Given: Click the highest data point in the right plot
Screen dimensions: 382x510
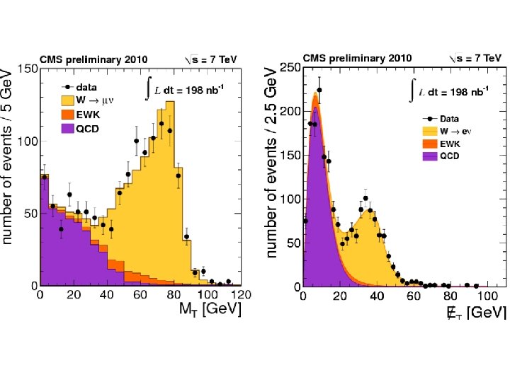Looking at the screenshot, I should pyautogui.click(x=319, y=90).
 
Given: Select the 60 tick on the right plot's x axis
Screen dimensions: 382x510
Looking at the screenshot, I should pyautogui.click(x=424, y=295).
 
